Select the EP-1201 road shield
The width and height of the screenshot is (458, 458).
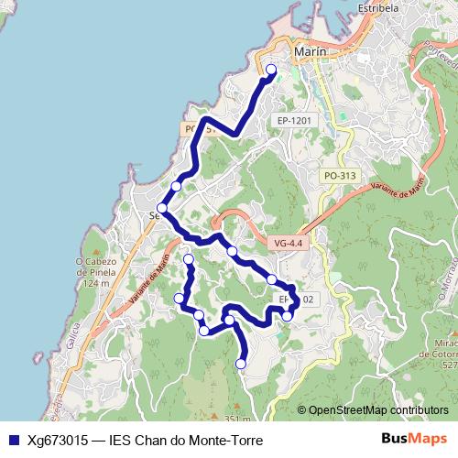point(294,120)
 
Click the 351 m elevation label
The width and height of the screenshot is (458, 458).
point(236,420)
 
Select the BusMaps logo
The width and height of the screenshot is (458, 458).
point(415,438)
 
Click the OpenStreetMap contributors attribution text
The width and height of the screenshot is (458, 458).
point(378,410)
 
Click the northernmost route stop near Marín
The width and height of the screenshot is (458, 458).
point(270,70)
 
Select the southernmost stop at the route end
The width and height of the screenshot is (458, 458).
point(241,364)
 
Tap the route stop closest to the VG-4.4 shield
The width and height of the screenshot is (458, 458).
point(233,251)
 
